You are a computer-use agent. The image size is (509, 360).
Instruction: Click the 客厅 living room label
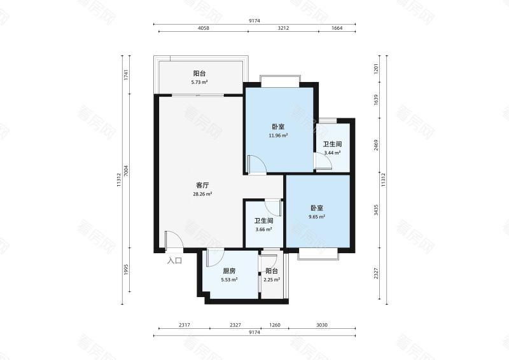coord(202,185)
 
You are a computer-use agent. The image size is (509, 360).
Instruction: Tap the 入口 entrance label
coord(174,260)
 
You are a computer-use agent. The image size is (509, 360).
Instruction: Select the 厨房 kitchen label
coord(229,271)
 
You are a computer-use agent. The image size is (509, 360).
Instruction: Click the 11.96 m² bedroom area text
coord(278,135)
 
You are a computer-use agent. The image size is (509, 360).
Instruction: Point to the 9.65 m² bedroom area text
coord(317,216)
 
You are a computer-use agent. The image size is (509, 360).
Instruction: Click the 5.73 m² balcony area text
coord(199,82)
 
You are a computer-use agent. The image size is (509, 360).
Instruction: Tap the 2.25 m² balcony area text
coord(272,279)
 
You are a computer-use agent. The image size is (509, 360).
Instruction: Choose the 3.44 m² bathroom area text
coord(332,153)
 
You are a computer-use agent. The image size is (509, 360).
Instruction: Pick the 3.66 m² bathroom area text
coord(263,229)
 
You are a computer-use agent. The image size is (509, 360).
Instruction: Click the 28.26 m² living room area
coord(202,194)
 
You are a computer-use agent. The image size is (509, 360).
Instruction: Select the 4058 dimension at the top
coord(204,28)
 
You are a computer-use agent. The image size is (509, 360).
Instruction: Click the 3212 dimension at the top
coord(283,28)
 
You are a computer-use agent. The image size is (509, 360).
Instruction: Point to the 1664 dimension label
coord(337,28)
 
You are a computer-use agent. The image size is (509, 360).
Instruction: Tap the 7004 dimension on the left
coord(126,170)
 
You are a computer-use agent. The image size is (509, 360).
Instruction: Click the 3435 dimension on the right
coord(376,210)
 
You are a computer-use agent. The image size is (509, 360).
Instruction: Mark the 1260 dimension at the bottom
coord(275,324)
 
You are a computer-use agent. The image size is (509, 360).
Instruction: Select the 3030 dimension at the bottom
coord(322,324)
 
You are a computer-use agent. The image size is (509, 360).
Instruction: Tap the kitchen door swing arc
coord(219,259)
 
